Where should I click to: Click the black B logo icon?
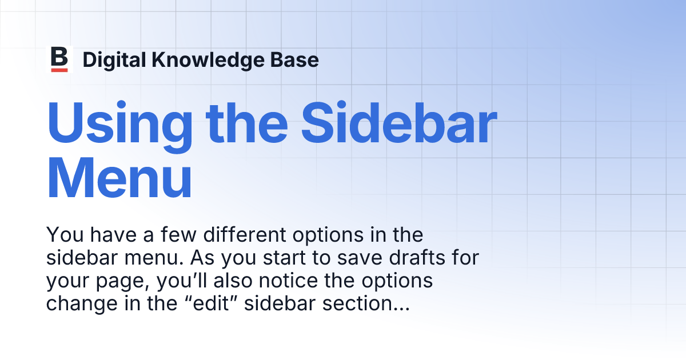click(x=59, y=57)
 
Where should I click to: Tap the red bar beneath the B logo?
click(x=59, y=70)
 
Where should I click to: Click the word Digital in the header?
click(x=111, y=60)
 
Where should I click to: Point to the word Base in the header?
click(x=297, y=60)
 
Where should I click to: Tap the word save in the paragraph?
click(x=356, y=258)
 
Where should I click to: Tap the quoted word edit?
click(x=227, y=303)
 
